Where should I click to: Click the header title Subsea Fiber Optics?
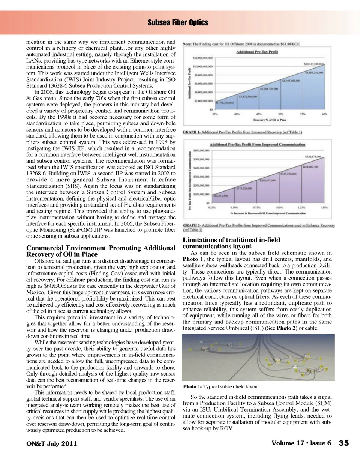(x=178, y=23)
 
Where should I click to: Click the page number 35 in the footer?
(x=343, y=443)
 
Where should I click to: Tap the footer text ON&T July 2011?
(x=52, y=443)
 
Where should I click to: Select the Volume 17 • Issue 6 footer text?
(x=301, y=443)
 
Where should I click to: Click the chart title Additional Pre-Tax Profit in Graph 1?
(x=257, y=52)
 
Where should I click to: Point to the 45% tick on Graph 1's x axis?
(x=258, y=114)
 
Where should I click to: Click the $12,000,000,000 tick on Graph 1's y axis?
(x=203, y=58)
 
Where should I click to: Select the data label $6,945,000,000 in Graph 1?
(x=291, y=81)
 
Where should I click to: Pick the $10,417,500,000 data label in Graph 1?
(x=314, y=64)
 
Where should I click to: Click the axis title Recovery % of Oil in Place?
(x=270, y=120)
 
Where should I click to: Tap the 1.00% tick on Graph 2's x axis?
(x=279, y=207)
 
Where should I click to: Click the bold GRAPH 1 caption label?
(x=191, y=132)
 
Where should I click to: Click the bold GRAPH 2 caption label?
(x=191, y=225)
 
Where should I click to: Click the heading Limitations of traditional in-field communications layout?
(x=231, y=243)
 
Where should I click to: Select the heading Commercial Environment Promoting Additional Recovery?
(x=100, y=251)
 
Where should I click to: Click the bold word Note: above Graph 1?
(x=187, y=44)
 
